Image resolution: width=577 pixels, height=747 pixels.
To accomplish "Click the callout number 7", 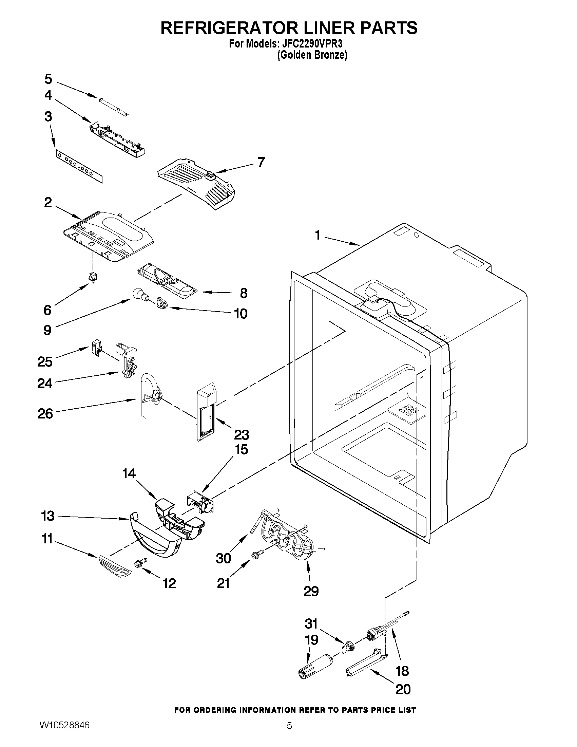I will [261, 162].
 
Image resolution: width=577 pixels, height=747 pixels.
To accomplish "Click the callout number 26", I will [45, 413].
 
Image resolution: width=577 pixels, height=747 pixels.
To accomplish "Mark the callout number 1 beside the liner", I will [318, 235].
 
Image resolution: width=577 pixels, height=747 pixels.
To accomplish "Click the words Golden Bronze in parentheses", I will [312, 55].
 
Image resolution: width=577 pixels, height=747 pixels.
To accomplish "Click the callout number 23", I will [241, 434].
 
